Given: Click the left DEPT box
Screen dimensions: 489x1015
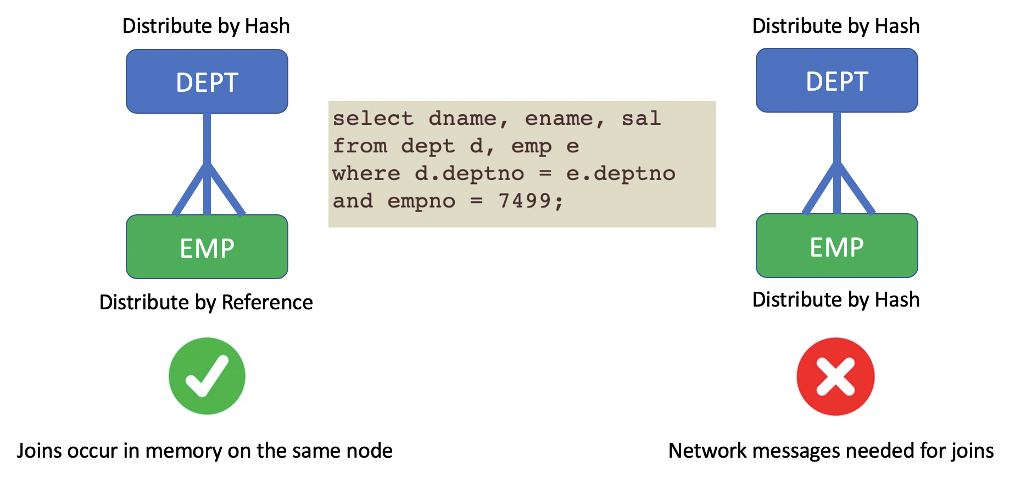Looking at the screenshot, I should click(207, 82).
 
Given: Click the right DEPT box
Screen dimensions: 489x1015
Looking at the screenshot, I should click(836, 81).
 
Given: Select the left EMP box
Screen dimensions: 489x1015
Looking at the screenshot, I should click(207, 247).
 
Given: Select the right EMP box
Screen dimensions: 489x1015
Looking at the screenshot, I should click(836, 246).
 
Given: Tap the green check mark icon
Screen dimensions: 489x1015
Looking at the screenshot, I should click(207, 376).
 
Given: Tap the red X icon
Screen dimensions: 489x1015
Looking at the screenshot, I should click(835, 376).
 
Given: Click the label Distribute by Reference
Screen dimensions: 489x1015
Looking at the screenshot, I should click(206, 302).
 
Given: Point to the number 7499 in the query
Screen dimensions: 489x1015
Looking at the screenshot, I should click(524, 201).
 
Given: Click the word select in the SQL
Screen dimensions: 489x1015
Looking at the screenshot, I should click(373, 118).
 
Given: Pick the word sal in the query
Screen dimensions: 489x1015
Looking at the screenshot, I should click(641, 118).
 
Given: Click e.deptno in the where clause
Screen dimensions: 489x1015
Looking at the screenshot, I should click(621, 174).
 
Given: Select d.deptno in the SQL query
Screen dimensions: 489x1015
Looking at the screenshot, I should click(469, 174).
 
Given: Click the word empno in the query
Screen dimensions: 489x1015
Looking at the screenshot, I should click(421, 201).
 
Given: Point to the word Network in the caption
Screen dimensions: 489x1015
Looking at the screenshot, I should click(707, 451).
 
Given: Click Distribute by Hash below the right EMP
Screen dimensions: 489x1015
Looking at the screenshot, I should click(835, 299).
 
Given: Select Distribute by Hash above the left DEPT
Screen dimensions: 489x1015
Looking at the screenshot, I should click(206, 26).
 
